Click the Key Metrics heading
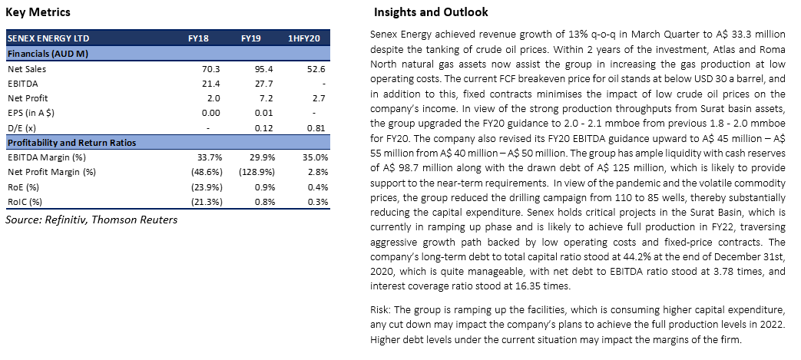(x=38, y=12)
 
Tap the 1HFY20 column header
(x=304, y=38)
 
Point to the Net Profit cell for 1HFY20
(x=318, y=98)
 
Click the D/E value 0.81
(x=316, y=127)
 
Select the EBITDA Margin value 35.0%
(x=316, y=157)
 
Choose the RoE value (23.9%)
(x=207, y=187)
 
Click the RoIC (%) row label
(x=25, y=202)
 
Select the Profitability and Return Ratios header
(x=71, y=143)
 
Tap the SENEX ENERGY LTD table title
(x=48, y=38)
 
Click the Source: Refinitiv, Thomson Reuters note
(x=91, y=220)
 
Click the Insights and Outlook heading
(x=431, y=12)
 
